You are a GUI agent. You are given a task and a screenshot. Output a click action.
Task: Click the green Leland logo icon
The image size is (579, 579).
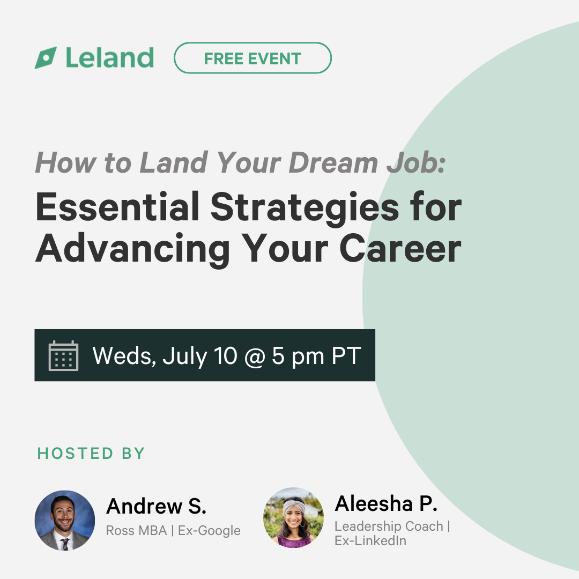click(46, 58)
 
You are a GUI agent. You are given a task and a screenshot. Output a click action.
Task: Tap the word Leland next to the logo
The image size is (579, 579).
click(110, 58)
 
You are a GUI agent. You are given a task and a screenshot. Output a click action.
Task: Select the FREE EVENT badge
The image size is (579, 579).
click(253, 58)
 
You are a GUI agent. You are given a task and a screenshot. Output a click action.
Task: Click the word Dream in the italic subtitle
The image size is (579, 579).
click(333, 162)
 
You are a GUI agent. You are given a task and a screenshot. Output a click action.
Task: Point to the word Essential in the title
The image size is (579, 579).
click(117, 207)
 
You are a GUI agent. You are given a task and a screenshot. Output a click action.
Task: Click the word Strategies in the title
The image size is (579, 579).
click(305, 209)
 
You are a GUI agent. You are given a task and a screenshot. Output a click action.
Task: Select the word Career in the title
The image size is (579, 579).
click(400, 249)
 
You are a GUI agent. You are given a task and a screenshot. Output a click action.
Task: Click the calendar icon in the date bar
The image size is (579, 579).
click(63, 355)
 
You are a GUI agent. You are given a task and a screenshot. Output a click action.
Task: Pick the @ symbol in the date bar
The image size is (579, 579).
click(255, 357)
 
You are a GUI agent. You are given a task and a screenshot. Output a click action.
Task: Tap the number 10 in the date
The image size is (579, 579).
click(225, 355)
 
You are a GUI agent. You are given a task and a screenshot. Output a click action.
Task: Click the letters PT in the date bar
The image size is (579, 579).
click(346, 355)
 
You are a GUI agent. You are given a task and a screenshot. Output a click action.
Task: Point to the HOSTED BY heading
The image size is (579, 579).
click(91, 454)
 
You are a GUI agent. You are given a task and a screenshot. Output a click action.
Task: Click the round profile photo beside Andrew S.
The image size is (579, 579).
click(65, 521)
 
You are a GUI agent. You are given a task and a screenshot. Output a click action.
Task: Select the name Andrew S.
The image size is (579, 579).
click(156, 506)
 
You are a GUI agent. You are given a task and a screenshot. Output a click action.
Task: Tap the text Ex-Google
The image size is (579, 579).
click(209, 531)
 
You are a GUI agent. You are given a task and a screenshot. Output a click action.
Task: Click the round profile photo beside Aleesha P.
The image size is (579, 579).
click(294, 517)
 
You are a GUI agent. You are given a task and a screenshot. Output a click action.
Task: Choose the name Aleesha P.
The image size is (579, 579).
click(386, 503)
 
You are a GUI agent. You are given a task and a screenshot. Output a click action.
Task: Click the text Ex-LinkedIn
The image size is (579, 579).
click(370, 540)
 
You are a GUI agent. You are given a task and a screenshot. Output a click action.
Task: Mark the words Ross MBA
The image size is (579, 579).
click(137, 531)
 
